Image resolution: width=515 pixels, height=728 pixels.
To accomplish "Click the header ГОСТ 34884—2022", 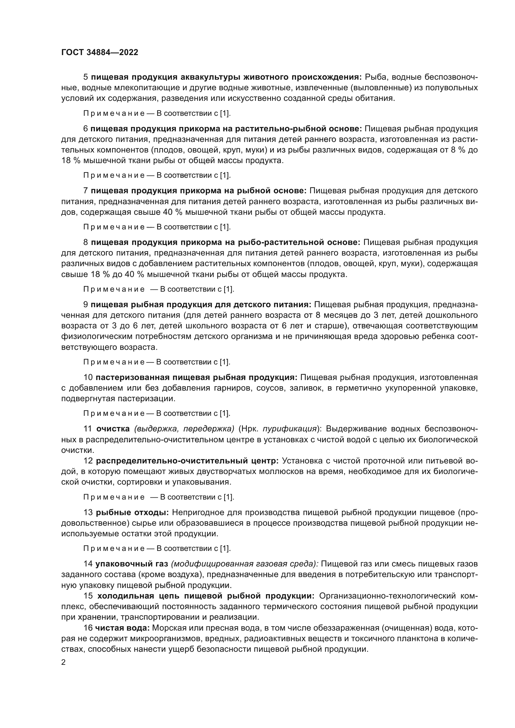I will pos(100,53).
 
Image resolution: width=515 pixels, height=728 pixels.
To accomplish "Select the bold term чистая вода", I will pos(122,628).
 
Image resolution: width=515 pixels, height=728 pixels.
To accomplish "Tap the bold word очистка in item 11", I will pos(113,429).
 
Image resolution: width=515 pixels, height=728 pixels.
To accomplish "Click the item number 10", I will pos(88,377).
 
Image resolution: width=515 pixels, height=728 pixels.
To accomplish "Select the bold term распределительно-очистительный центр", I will pos(187,460).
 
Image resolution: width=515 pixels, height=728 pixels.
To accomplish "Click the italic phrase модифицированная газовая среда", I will pos(244,564).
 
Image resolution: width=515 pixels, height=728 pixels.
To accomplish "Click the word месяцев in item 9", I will pos(338,315).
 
